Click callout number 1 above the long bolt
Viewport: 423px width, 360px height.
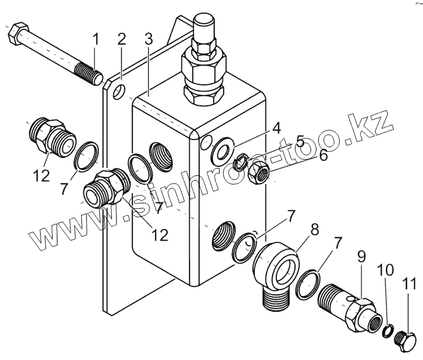point(95,42)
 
